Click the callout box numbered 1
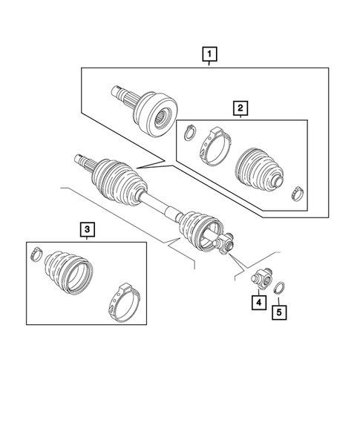210,53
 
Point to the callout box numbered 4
257,302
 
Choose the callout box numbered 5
278,312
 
